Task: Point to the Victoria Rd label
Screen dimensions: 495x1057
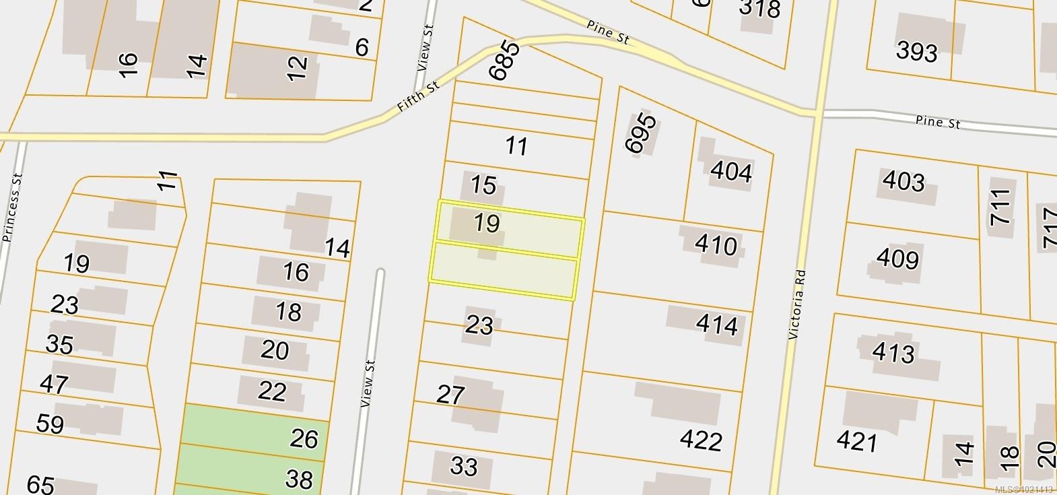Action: click(797, 304)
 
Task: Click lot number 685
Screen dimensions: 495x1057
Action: click(505, 61)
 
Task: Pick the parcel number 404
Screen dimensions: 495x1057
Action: click(730, 172)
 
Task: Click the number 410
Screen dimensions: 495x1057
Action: click(716, 245)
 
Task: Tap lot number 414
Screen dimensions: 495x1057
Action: click(717, 325)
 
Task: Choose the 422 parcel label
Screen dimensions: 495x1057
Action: click(701, 440)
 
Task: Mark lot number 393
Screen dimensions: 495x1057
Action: click(917, 51)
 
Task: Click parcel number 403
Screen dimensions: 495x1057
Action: click(903, 181)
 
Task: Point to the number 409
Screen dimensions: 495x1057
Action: click(897, 259)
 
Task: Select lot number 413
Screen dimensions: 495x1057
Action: click(893, 352)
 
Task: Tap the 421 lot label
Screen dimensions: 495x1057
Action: click(857, 442)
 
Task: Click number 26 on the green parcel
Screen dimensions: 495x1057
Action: click(303, 438)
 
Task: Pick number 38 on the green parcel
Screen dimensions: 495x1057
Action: click(299, 479)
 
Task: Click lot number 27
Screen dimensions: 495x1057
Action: click(450, 394)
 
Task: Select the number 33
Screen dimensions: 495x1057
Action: click(464, 465)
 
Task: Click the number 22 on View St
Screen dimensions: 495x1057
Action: click(272, 391)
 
